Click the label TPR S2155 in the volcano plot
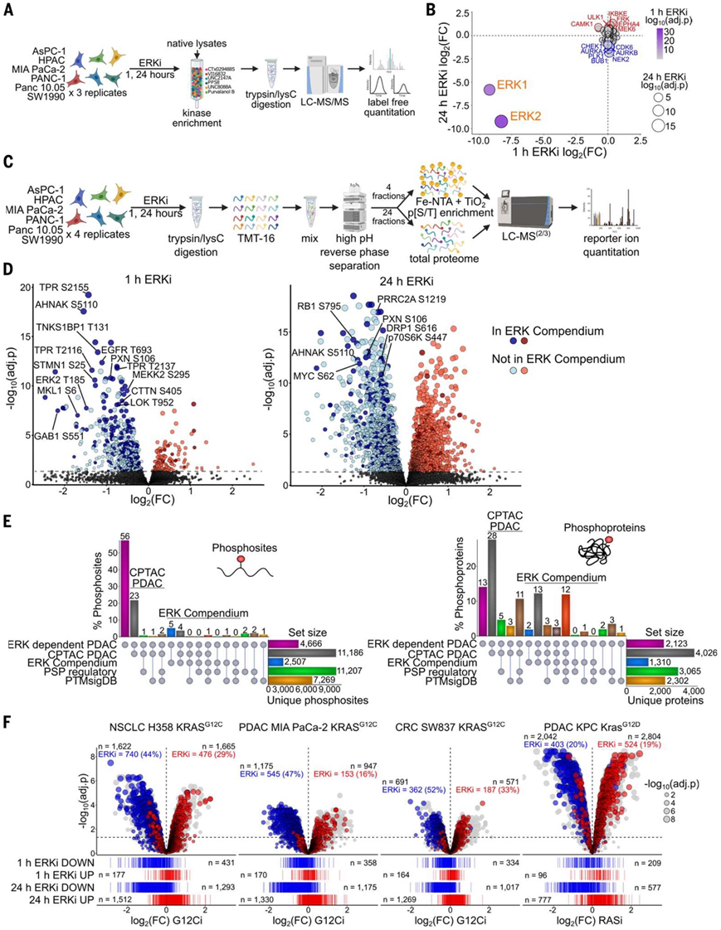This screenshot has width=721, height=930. (62, 286)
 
